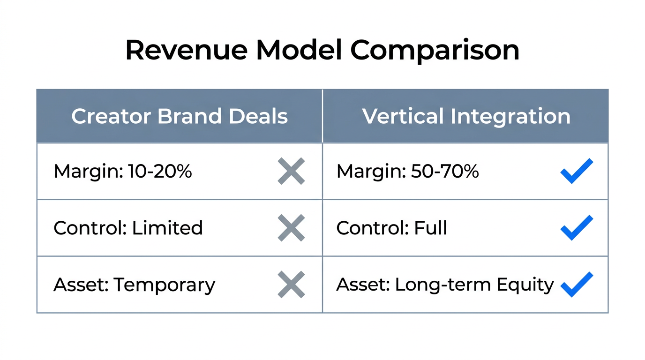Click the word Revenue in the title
[185, 50]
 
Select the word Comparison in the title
[435, 50]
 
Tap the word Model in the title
[299, 50]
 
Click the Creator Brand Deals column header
[180, 116]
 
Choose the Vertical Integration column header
[466, 116]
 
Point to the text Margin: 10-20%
[123, 172]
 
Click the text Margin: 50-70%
[407, 172]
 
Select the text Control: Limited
[128, 228]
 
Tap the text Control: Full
[391, 228]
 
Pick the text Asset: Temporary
[134, 285]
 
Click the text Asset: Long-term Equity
[445, 285]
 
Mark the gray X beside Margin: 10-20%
[291, 171]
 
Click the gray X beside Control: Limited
[291, 228]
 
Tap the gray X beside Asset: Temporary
[291, 285]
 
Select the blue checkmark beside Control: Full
[577, 227]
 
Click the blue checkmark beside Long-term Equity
[577, 284]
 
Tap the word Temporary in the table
[164, 285]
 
